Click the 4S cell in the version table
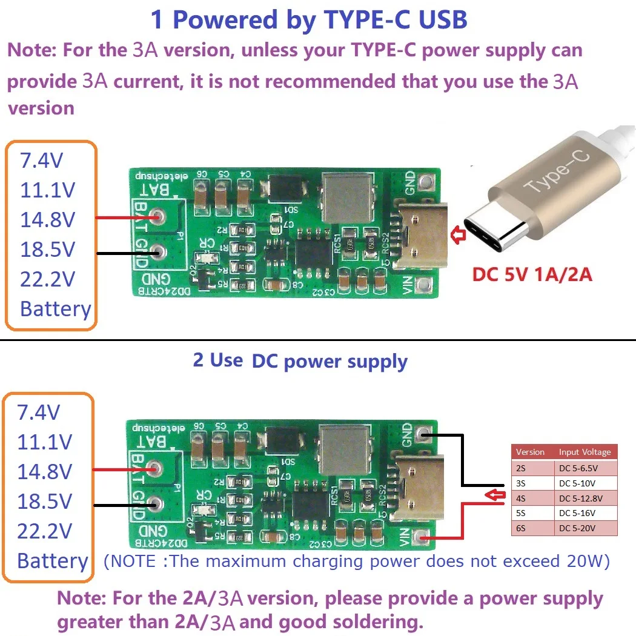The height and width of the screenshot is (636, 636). pyautogui.click(x=532, y=498)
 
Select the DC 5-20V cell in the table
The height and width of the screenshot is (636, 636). pyautogui.click(x=585, y=528)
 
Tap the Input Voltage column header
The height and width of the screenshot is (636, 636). pyautogui.click(x=585, y=452)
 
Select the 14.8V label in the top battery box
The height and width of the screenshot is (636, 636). pyautogui.click(x=47, y=220)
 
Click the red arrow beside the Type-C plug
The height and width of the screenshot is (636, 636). pyautogui.click(x=458, y=236)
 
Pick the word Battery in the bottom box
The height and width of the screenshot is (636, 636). pyautogui.click(x=53, y=561)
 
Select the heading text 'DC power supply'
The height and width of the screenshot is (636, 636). pyautogui.click(x=330, y=362)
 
